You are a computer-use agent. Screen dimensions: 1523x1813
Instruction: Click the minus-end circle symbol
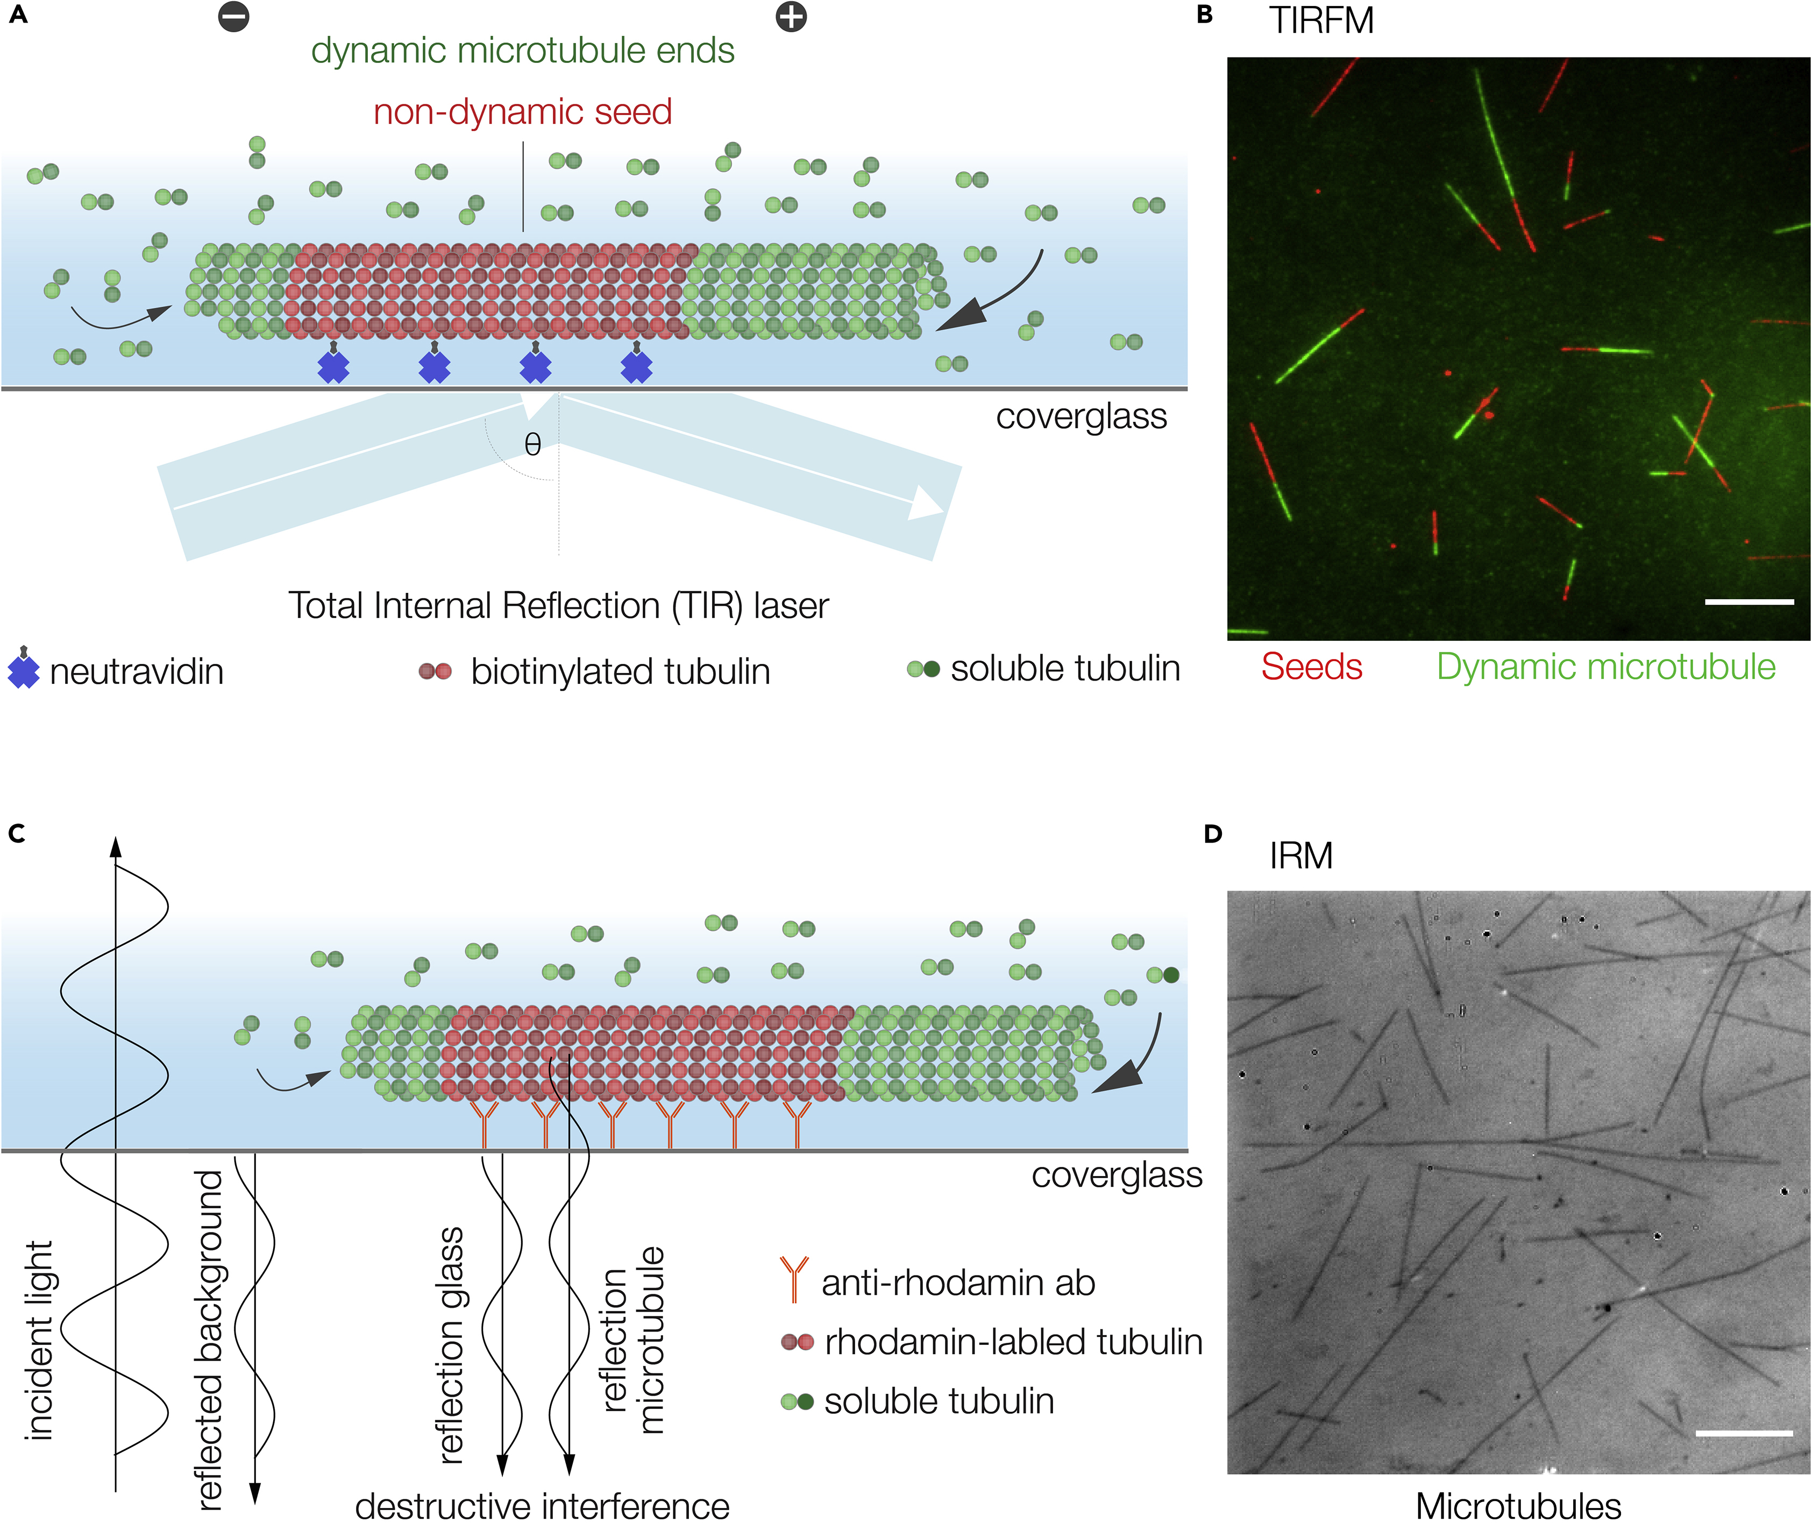tap(233, 16)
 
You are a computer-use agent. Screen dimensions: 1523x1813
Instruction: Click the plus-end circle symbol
tap(791, 16)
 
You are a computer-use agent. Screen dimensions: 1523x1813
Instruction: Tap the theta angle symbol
tap(532, 445)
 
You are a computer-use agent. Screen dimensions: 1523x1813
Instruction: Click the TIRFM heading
tap(1321, 21)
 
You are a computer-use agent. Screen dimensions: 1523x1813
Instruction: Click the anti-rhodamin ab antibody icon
tap(793, 1279)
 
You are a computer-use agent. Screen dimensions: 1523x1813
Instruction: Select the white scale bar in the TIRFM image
tap(1749, 602)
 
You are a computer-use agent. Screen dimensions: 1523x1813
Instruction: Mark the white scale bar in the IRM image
tap(1744, 1433)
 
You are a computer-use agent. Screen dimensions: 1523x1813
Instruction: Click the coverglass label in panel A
tap(1081, 417)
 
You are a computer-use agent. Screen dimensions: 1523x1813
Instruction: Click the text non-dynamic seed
tap(522, 112)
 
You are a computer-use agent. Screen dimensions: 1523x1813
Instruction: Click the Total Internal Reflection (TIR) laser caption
tap(558, 606)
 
